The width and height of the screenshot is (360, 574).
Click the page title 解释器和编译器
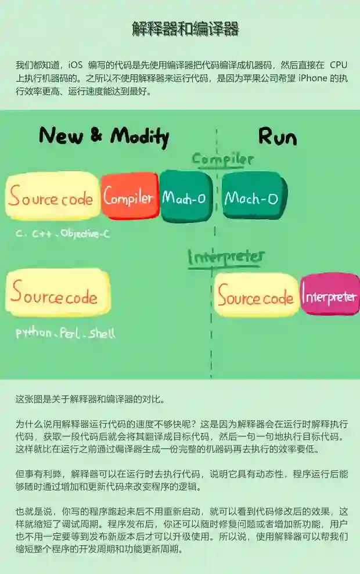(185, 28)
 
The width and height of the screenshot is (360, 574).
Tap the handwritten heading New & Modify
(104, 136)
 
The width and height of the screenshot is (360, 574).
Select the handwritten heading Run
(277, 136)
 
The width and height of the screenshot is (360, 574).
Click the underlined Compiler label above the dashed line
(222, 159)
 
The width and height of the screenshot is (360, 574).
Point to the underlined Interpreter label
(226, 257)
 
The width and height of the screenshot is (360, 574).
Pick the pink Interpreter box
(329, 295)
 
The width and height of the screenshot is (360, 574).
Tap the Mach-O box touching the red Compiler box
(184, 197)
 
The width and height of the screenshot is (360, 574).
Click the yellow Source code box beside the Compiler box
(51, 198)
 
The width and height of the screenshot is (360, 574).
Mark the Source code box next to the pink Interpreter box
(255, 297)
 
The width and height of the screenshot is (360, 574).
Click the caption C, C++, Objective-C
(63, 234)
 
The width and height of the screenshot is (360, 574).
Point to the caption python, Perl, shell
(65, 334)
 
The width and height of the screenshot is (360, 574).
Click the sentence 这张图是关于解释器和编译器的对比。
(91, 399)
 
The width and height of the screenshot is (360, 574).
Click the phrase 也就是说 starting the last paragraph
(34, 511)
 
